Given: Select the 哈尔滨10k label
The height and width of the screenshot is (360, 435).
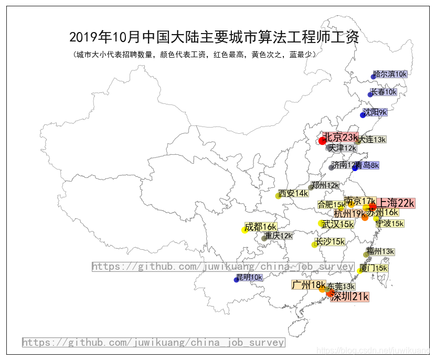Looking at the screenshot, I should pos(390,75).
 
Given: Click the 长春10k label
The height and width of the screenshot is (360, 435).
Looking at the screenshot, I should pos(384,92).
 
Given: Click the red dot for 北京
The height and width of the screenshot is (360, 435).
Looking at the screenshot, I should pos(322,141).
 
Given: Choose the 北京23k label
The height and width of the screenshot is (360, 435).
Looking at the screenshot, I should pos(340,137).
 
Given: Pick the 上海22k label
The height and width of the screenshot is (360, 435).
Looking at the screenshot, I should pos(396,203).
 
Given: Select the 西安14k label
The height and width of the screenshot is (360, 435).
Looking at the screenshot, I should pos(293,194).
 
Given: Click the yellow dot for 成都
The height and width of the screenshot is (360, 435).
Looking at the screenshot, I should pos(245,230).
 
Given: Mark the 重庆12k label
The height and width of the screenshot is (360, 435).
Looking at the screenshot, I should pos(278,236).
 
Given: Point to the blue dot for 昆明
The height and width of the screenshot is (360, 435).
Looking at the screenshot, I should pos(236,280).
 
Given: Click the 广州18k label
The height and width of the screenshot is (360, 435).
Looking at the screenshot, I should pos(309,285).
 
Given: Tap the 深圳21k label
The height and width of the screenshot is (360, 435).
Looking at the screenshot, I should pos(349,297).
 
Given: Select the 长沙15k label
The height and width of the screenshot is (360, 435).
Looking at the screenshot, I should pos(330,241).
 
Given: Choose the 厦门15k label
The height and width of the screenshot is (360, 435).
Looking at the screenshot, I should pos(374,268).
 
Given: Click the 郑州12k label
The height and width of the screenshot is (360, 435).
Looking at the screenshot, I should pos(325,185).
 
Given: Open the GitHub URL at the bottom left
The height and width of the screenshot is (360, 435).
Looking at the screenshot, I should pos(153,343).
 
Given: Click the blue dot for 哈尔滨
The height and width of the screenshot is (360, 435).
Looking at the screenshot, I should pos(374,77).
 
